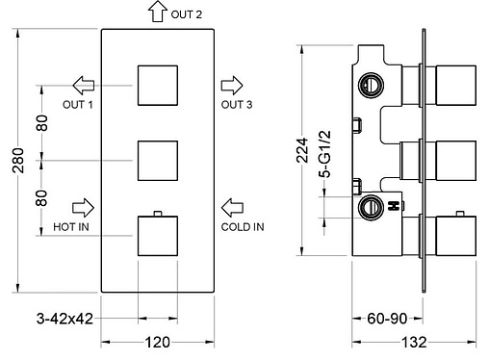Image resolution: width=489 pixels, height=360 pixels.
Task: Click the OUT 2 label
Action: pos(186,14)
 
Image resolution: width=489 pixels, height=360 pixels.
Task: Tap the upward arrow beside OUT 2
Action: pos(158,12)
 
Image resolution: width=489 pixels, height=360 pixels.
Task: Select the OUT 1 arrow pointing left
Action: pos(84,86)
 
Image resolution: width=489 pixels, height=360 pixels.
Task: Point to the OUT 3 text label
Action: pos(237,104)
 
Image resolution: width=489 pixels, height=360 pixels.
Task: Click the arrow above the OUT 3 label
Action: pos(232,86)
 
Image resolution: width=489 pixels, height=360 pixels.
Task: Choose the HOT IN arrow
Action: pos(83,208)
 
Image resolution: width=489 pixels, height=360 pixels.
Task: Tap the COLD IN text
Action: pos(243,227)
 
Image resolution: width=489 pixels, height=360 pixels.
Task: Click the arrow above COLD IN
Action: pos(232,208)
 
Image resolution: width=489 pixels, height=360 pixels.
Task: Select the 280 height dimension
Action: pos(18,161)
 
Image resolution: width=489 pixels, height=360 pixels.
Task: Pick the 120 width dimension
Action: pos(157,342)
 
